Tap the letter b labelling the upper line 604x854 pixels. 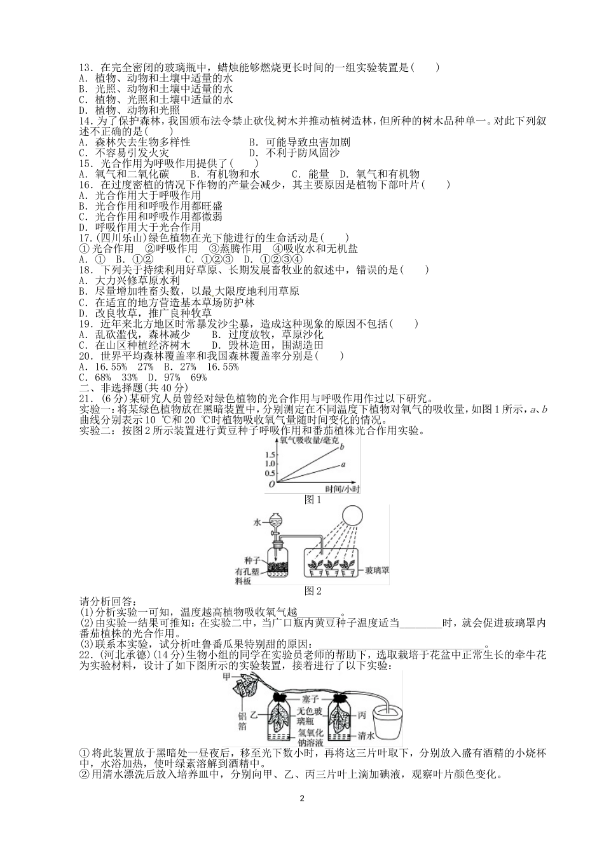pyautogui.click(x=342, y=447)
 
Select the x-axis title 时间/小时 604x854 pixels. pyautogui.click(x=341, y=489)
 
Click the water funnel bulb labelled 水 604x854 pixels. pyautogui.click(x=274, y=522)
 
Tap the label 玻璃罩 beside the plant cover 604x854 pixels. pyautogui.click(x=377, y=571)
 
